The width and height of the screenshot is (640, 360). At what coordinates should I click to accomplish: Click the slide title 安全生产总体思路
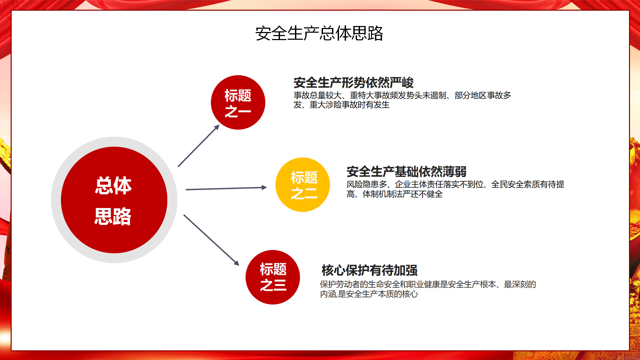coord(319,33)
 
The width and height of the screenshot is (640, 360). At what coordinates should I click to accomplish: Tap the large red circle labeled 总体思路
coord(114,200)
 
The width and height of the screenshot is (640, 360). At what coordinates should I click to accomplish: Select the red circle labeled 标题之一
coord(238,102)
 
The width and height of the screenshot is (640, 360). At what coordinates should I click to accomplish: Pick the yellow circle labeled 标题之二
coord(303,185)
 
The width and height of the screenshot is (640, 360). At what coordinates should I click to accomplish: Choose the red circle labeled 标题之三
coord(273,277)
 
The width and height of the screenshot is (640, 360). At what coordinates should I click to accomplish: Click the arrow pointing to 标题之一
coord(199,146)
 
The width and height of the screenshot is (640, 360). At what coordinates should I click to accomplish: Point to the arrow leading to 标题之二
coord(226,188)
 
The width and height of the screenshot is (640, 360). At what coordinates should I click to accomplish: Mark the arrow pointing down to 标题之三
coord(211,240)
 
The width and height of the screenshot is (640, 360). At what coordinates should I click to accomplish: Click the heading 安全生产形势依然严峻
coord(354,82)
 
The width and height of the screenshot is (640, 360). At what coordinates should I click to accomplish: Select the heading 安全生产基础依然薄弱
coord(406,172)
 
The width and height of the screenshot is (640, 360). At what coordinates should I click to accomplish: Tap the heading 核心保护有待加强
coord(369,270)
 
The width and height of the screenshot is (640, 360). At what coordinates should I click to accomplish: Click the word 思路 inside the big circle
coord(113,216)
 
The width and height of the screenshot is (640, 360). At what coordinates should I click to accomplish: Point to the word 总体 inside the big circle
coord(113,186)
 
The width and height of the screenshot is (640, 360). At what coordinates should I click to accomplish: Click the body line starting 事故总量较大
coord(402,95)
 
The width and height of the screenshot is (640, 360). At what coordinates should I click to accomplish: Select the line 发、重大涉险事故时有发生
coord(342,105)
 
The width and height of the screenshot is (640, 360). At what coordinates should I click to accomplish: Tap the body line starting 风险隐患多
coord(455,184)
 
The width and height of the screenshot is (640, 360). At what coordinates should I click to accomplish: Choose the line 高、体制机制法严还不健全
coord(395,194)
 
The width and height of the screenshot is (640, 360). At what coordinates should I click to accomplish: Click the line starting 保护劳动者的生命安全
coord(428,284)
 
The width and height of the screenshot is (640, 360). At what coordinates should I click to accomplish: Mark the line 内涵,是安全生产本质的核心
coord(369,294)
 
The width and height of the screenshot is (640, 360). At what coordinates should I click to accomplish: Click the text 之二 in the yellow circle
coord(304,193)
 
